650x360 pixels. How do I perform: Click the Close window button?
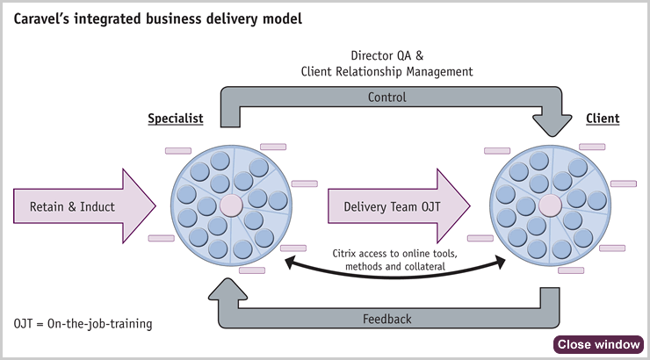tap(598, 344)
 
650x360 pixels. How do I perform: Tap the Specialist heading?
tap(176, 119)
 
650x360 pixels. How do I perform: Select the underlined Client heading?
tap(603, 119)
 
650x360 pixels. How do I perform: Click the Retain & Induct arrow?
tap(84, 205)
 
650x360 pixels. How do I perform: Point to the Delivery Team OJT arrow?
tap(399, 205)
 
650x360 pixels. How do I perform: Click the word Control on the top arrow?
tap(387, 97)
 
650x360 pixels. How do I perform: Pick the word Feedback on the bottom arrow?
tap(387, 319)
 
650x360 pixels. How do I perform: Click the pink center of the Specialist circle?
tap(231, 205)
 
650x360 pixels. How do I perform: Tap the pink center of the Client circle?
tap(550, 205)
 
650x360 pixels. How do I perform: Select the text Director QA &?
tap(387, 55)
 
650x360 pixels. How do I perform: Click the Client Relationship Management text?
tap(386, 72)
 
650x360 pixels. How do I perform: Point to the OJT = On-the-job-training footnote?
tap(83, 323)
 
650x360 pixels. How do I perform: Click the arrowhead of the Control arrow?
tap(552, 126)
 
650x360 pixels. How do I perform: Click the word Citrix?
tap(343, 253)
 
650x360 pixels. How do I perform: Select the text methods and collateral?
tap(395, 266)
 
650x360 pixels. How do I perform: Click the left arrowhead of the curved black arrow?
tap(290, 262)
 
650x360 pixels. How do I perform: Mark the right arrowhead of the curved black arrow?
tap(501, 262)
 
